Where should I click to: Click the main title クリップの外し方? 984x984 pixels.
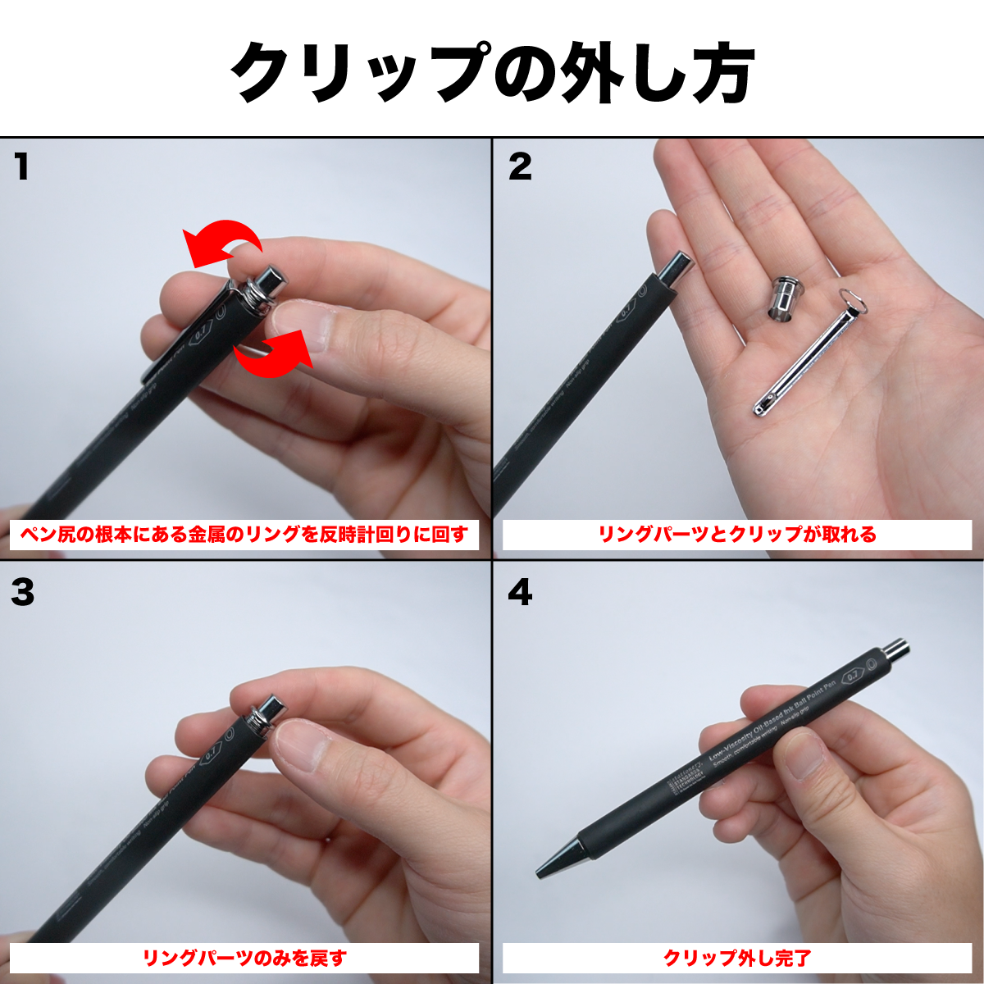(492, 71)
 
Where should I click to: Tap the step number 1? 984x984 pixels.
(22, 167)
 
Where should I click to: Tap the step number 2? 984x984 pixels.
(520, 167)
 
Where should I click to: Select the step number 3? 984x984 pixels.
(23, 592)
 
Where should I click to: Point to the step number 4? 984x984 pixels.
(520, 592)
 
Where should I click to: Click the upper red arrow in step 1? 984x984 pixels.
(223, 243)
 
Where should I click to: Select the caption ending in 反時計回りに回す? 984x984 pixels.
(244, 535)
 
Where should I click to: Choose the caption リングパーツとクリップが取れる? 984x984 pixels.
(736, 535)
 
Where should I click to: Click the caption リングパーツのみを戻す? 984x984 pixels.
(244, 958)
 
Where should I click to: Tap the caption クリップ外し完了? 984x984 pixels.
(736, 958)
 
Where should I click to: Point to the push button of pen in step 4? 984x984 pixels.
(895, 650)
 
